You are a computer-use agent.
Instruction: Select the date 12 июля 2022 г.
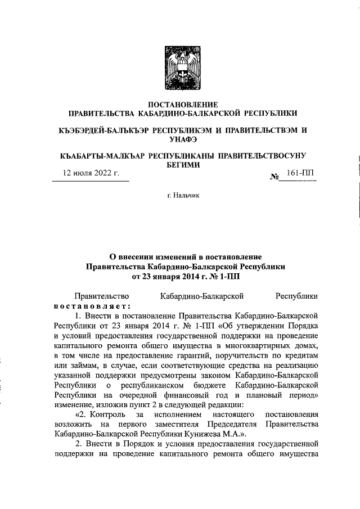tap(92, 174)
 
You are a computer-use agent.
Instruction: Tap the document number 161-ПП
tap(300, 174)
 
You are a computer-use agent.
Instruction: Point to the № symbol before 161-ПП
tap(276, 177)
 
